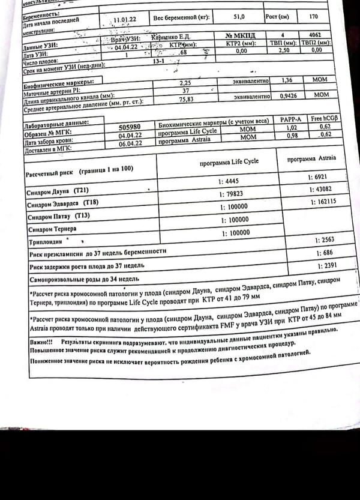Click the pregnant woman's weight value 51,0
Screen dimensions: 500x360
(238, 17)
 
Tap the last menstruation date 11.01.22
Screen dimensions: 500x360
(124, 20)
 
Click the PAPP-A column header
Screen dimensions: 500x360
(290, 120)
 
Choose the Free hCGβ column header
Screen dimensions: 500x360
(325, 119)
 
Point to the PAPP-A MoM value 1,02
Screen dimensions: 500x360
(290, 128)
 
